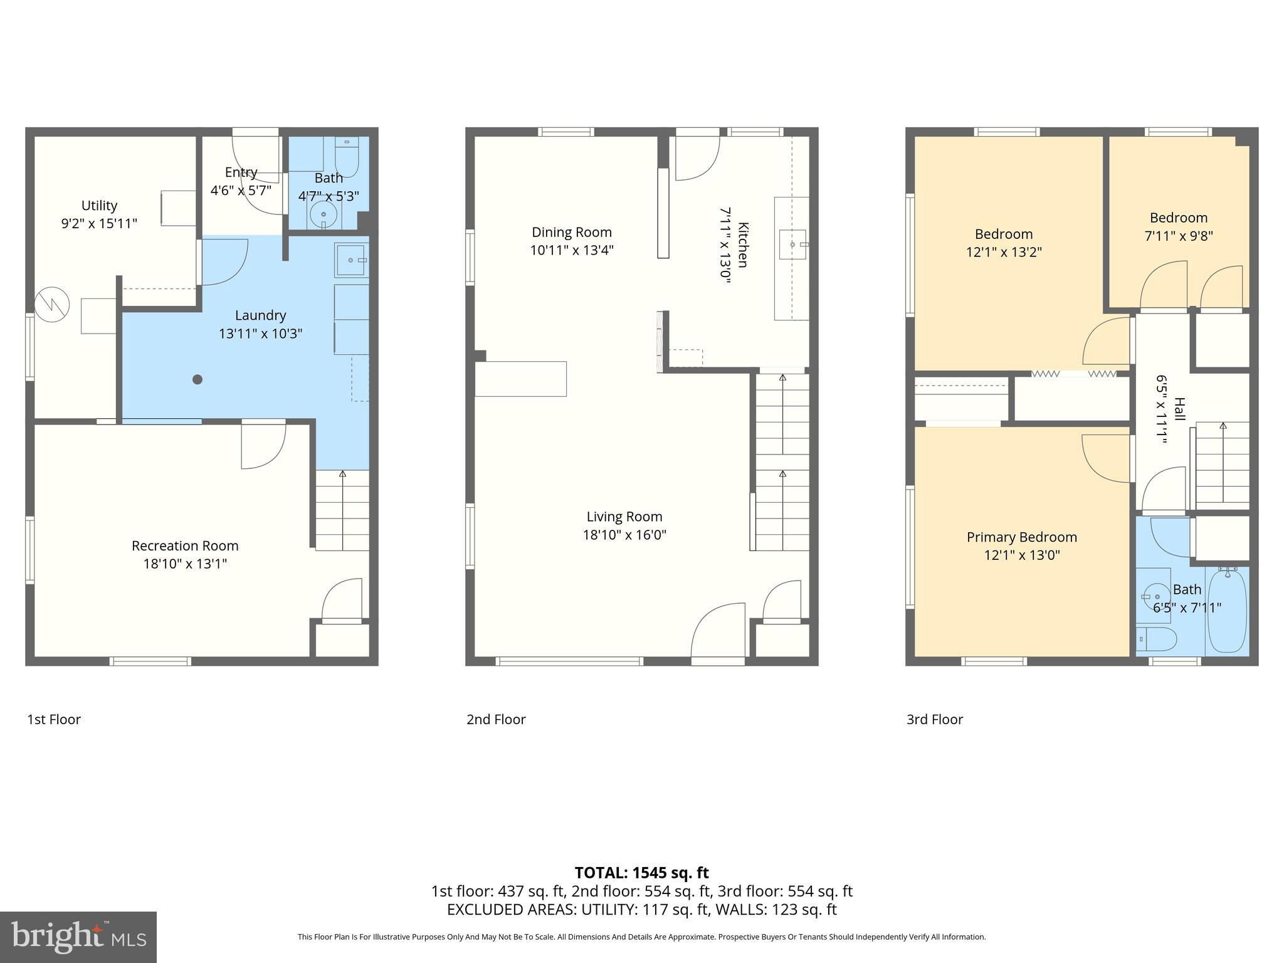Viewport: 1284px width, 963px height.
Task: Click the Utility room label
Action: pos(99,206)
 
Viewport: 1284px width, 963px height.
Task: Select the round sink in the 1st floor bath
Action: pos(324,215)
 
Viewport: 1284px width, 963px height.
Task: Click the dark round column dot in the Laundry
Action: pos(197,379)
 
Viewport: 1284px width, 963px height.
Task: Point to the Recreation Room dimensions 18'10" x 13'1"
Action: pos(185,564)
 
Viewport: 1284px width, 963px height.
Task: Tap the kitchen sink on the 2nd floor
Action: pos(792,244)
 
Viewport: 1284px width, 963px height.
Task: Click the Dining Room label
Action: pos(571,232)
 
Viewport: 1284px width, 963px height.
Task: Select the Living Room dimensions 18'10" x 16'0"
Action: pos(624,535)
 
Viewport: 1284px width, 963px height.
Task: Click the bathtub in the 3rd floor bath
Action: pos(1227,611)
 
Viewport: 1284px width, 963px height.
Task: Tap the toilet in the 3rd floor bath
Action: pos(1157,639)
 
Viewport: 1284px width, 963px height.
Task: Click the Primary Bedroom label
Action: pos(1021,537)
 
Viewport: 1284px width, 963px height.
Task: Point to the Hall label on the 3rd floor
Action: pos(1179,409)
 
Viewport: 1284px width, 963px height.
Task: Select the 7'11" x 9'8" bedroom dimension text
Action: pos(1179,236)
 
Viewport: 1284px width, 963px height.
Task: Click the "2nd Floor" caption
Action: pos(496,719)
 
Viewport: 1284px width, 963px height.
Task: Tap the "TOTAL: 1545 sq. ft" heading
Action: pos(641,873)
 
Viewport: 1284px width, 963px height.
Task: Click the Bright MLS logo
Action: pos(78,937)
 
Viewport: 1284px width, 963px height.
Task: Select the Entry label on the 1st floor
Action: pos(241,172)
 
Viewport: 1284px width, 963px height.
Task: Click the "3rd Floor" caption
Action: pos(934,719)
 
